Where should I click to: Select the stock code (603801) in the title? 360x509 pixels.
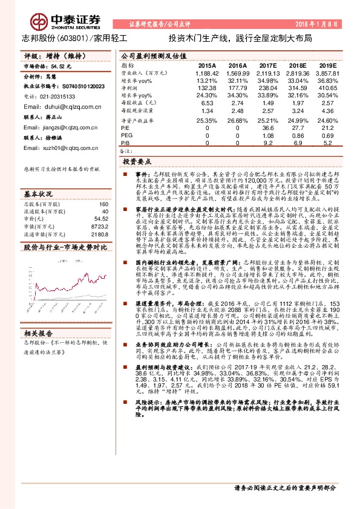73,37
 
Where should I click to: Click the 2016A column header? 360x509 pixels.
238,65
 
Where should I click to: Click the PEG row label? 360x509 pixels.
128,136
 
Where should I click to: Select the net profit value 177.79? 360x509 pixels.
238,88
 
